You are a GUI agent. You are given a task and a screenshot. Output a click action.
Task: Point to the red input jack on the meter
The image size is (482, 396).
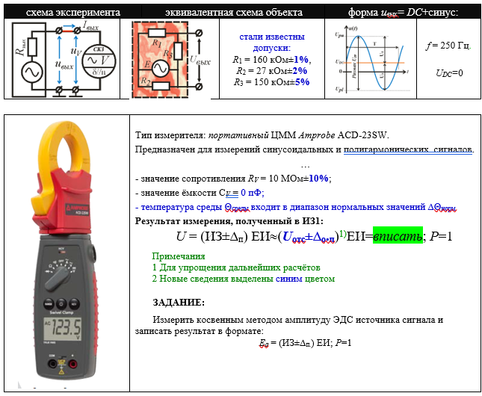pos(74,366)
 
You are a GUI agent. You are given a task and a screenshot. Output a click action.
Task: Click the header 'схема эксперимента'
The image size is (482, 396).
pos(63,13)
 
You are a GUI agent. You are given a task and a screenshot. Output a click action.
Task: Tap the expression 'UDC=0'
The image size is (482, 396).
pos(448,73)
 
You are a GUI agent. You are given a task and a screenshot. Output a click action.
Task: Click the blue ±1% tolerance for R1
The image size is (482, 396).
pos(300,60)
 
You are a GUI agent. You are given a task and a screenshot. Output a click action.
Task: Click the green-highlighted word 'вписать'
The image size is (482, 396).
pos(397,236)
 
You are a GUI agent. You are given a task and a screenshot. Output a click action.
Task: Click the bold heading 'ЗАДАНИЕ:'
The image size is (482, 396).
pos(178,302)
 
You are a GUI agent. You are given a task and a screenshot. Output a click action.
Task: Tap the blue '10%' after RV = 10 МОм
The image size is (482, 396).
pos(318,179)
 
